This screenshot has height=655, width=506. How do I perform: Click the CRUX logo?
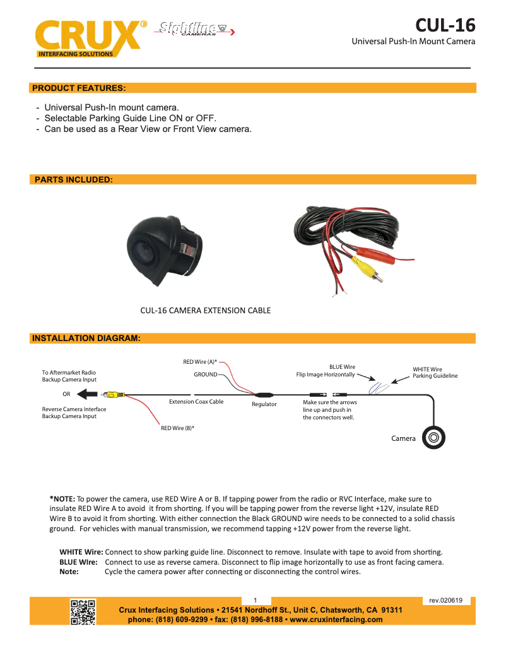tap(88, 37)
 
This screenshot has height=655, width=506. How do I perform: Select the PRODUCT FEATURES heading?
tap(79, 88)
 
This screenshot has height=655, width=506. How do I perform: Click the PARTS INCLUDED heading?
tap(73, 180)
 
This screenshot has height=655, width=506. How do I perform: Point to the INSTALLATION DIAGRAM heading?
tap(85, 339)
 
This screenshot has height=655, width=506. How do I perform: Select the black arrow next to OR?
tap(88, 394)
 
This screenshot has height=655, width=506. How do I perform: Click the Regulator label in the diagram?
tap(264, 404)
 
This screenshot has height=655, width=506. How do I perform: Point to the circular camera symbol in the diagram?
tap(434, 437)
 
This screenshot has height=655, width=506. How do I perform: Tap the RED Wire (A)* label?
tap(200, 362)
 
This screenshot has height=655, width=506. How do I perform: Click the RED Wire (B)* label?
tap(177, 428)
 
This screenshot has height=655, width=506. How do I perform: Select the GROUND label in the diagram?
tap(205, 375)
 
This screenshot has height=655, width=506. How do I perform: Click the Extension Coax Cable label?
tap(196, 402)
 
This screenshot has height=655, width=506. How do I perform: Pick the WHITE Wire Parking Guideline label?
tap(435, 373)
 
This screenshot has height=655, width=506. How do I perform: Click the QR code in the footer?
tap(83, 611)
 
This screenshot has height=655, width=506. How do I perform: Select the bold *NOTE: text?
tap(62, 499)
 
